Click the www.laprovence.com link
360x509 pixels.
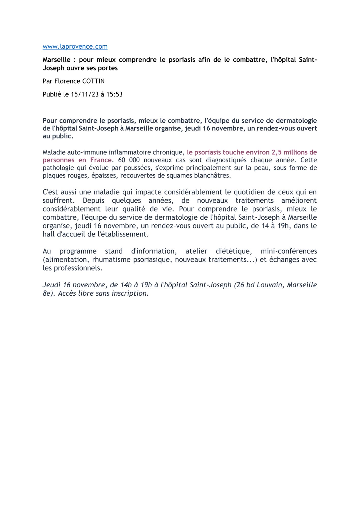75,47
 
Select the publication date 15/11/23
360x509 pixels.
84,94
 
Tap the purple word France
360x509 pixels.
101,160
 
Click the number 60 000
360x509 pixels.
129,160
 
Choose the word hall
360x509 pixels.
48,234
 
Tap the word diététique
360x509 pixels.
234,251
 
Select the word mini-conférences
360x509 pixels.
289,251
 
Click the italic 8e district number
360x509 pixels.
47,293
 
